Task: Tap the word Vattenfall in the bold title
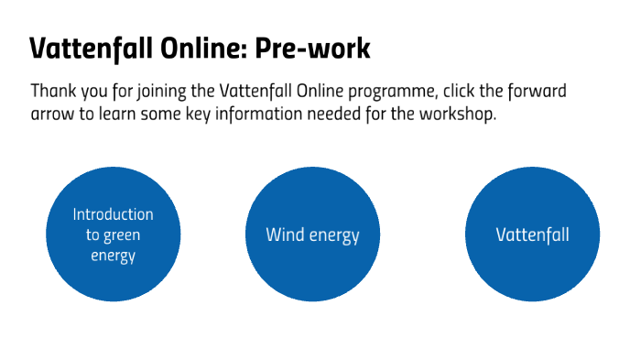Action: point(81,49)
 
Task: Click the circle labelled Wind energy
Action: point(312,235)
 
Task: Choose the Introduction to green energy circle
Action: point(113,235)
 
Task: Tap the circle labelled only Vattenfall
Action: point(532,235)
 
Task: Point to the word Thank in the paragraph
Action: point(52,93)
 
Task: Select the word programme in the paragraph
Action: point(396,93)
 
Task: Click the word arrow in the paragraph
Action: point(53,116)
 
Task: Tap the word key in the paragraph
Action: point(201,116)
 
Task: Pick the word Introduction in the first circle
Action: point(113,215)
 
